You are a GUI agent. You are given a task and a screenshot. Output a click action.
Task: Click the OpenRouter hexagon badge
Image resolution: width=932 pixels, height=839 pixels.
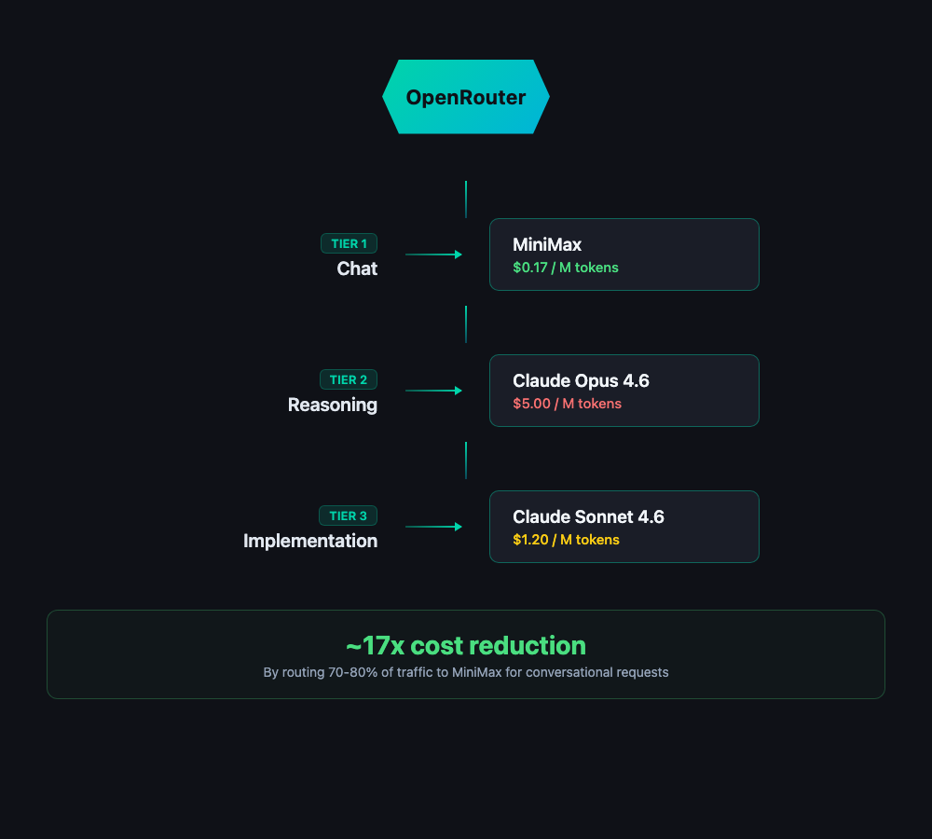(466, 97)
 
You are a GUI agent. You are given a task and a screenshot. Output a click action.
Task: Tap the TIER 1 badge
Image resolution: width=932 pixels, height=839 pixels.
(349, 243)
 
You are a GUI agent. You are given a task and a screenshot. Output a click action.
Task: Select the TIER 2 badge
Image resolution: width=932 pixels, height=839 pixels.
(349, 379)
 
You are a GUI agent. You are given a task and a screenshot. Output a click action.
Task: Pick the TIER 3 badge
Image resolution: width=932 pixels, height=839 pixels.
(349, 516)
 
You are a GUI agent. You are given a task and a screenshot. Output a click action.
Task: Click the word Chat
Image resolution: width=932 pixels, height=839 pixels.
(357, 268)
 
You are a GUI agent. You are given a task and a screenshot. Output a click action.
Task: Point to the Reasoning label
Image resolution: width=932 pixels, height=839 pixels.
(333, 405)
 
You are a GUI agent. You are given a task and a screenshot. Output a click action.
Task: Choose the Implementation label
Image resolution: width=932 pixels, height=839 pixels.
(310, 541)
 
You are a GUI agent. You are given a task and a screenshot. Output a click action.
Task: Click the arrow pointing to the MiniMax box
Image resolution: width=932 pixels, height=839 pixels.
(434, 254)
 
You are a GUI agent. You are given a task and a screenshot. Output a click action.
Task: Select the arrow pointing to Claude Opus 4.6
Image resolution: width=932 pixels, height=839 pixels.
(434, 391)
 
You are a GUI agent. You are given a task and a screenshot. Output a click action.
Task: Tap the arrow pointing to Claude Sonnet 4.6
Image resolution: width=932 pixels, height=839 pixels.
(434, 527)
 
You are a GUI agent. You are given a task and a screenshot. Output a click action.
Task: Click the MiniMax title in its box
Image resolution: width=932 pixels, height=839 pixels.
(547, 244)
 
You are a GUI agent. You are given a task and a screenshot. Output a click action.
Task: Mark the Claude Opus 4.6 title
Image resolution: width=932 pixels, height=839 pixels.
(581, 380)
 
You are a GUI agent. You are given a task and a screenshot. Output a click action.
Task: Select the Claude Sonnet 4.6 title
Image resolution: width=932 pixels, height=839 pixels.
(588, 516)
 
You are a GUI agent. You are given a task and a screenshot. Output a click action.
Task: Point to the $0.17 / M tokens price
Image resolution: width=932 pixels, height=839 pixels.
(566, 268)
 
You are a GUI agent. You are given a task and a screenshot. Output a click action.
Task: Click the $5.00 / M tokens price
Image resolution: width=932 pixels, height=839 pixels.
(567, 404)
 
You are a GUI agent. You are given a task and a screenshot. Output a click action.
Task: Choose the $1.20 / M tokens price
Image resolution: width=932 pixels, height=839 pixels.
(566, 540)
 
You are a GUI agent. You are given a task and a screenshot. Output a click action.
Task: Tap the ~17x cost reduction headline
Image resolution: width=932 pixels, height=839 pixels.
(466, 645)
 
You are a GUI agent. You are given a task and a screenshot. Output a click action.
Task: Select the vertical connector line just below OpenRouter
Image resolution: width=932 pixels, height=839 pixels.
(466, 199)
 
